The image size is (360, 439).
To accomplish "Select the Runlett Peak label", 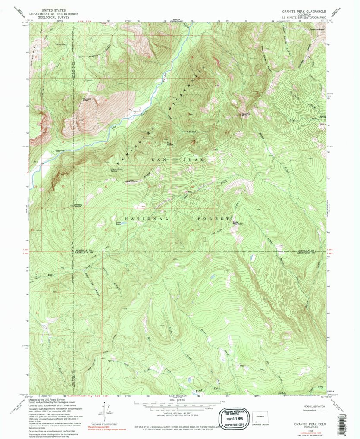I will (86, 99).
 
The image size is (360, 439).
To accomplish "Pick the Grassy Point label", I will (79, 205).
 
